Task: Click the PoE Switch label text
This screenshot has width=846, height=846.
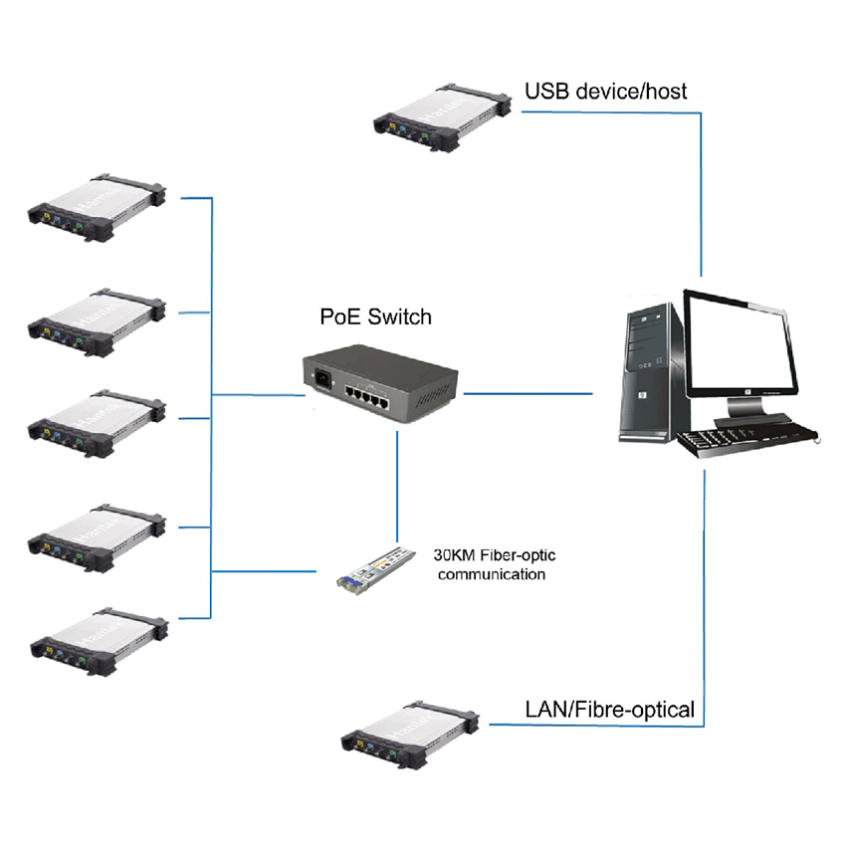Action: point(376,317)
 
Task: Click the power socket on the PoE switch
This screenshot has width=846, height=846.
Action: point(322,379)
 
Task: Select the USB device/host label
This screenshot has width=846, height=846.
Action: point(605,93)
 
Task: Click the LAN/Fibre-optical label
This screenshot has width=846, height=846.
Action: point(609,710)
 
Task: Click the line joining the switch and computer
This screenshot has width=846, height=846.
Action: point(528,394)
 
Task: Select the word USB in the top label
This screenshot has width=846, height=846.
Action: point(544,93)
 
